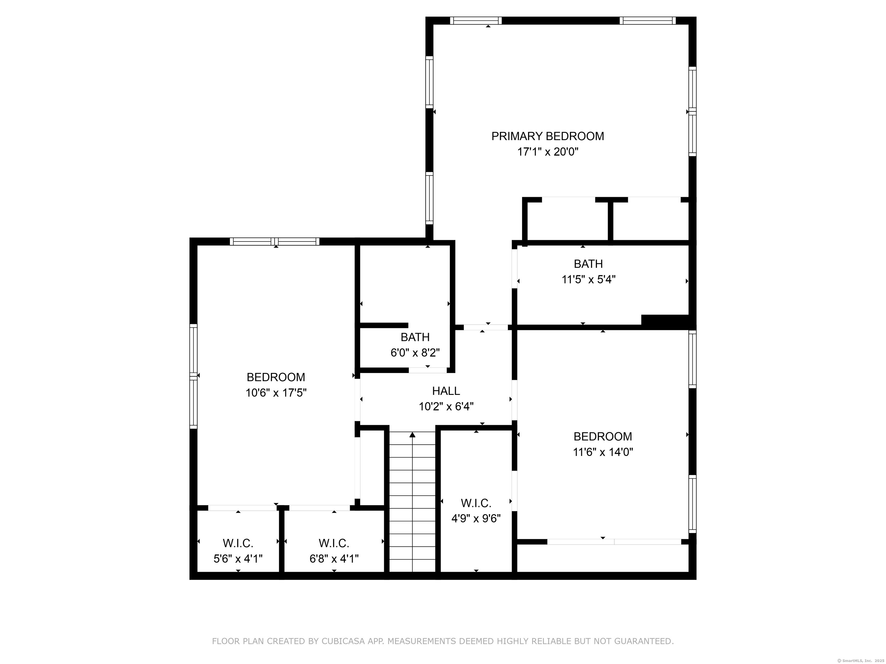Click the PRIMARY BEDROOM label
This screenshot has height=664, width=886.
[547, 136]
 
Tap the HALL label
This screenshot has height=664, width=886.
[446, 391]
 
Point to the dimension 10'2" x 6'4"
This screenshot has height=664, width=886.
[446, 407]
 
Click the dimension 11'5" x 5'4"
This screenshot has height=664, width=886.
[588, 279]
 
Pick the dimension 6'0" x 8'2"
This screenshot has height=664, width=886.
[415, 353]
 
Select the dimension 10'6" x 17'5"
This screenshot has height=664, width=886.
[276, 393]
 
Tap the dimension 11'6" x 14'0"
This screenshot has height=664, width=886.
[603, 452]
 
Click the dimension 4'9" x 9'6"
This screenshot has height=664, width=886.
[476, 518]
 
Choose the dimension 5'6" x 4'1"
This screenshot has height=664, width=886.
[238, 558]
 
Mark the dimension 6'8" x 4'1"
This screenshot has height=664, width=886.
[334, 558]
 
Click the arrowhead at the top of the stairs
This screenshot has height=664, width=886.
[412, 435]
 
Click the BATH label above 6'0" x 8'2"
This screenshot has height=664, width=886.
[415, 337]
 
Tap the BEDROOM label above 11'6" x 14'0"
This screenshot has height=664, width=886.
[603, 436]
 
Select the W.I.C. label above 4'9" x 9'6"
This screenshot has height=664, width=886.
[476, 503]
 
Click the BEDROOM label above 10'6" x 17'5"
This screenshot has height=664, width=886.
[276, 377]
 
